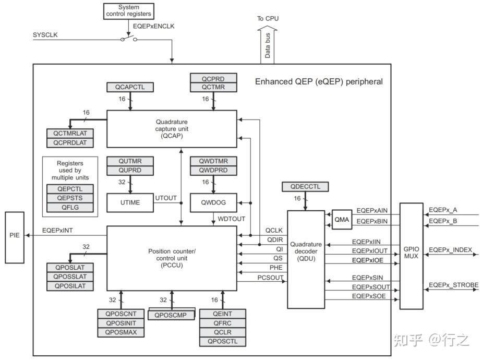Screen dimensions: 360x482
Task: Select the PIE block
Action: coord(15,236)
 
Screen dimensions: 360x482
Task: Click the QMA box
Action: coord(342,220)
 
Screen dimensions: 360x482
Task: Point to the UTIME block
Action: coord(130,202)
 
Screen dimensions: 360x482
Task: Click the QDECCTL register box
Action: coord(305,186)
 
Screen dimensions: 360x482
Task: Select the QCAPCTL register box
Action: coord(130,87)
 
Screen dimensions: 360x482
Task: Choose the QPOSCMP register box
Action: coord(172,314)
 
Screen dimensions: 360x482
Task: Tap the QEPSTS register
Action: coord(70,198)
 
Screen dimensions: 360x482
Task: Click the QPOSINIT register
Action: coord(121,323)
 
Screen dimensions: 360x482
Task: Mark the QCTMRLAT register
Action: coord(70,134)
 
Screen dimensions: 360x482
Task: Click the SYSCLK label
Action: coord(46,35)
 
